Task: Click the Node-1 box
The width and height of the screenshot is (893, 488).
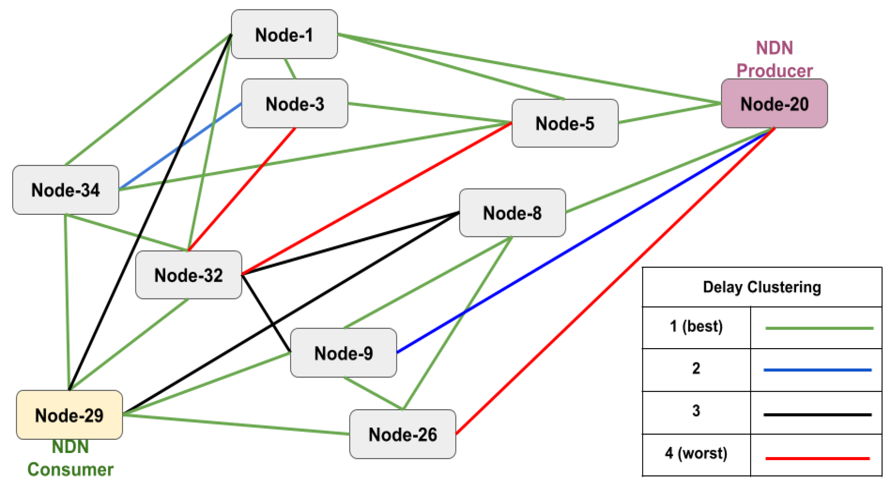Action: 284,34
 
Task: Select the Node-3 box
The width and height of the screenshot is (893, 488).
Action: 294,103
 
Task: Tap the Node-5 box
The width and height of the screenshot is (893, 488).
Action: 565,123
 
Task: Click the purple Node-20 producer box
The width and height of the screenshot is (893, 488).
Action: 774,103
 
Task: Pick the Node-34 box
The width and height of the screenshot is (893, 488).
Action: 66,190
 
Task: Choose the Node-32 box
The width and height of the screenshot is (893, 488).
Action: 188,275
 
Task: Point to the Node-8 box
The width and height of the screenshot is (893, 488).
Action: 512,213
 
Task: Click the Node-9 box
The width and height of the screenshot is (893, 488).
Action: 343,353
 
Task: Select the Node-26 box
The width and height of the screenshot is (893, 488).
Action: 402,434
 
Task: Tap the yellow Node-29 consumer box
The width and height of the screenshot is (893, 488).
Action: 69,415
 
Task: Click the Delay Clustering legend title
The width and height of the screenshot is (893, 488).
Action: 762,287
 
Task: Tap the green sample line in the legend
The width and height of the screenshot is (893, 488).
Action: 819,328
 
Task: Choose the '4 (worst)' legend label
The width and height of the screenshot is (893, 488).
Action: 696,453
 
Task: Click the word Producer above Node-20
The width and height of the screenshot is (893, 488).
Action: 774,71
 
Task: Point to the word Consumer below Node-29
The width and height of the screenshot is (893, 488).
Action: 70,469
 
